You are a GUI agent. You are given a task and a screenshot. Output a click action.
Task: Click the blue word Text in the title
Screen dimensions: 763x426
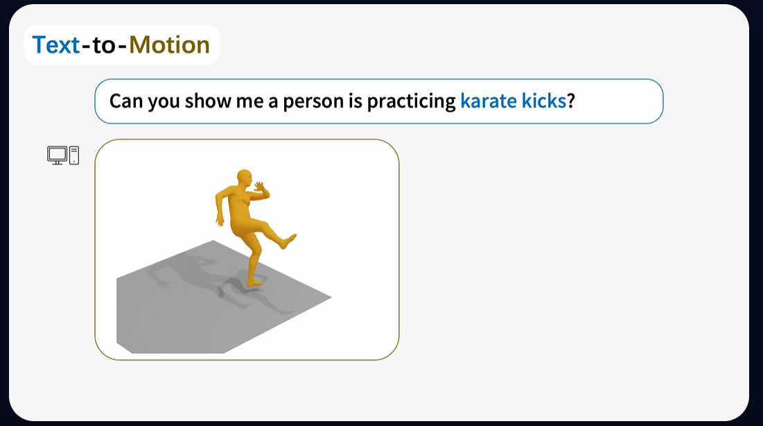click(x=56, y=45)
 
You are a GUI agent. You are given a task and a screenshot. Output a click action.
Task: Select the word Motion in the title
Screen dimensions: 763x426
click(x=169, y=45)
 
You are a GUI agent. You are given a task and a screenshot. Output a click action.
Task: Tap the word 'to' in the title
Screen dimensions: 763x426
click(x=104, y=45)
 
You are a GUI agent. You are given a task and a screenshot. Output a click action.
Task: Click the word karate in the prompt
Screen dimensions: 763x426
click(x=489, y=101)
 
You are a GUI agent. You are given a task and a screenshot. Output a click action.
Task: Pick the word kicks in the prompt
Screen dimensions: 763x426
click(x=544, y=101)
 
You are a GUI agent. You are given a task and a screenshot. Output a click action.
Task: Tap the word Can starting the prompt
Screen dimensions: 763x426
click(x=126, y=101)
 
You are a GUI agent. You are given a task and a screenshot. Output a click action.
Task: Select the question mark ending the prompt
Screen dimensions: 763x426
click(x=571, y=101)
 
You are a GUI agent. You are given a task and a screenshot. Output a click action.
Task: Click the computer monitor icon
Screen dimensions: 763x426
click(x=58, y=155)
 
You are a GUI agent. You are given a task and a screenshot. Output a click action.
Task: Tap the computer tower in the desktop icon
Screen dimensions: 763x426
click(x=74, y=155)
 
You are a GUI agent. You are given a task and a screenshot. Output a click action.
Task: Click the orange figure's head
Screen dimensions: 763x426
click(x=245, y=178)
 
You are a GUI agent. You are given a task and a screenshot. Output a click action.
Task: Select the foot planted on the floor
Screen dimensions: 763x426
click(x=256, y=282)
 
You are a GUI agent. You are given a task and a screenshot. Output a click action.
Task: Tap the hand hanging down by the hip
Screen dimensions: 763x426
click(x=220, y=221)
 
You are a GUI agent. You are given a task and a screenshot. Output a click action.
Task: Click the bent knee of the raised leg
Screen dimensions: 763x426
click(x=265, y=225)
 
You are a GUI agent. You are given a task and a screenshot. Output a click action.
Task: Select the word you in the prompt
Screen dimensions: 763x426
click(x=164, y=103)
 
